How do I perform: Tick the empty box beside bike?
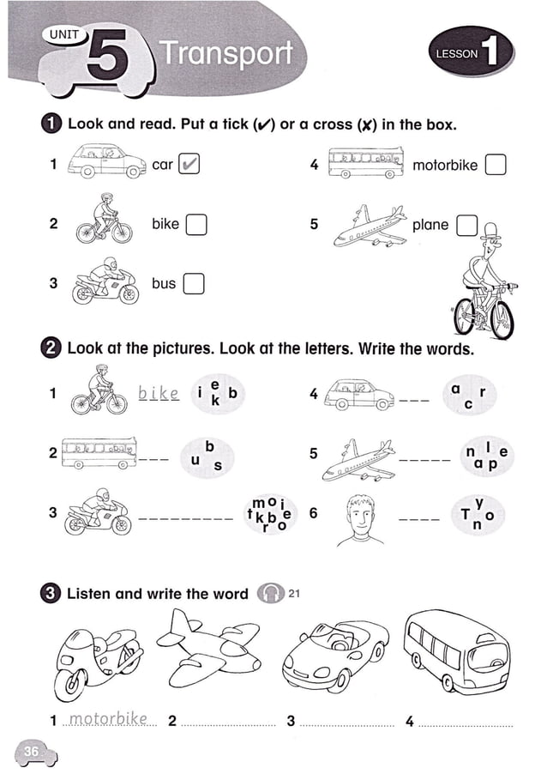196,224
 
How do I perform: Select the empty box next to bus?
194,283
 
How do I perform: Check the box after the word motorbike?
495,165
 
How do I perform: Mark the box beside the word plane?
466,225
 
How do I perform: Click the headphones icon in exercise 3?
271,594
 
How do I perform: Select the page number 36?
32,752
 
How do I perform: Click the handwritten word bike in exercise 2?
159,394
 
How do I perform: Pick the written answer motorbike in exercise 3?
108,718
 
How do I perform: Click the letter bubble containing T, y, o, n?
476,514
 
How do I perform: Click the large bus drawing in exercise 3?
455,651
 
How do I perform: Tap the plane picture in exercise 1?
370,225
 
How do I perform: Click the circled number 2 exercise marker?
51,348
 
